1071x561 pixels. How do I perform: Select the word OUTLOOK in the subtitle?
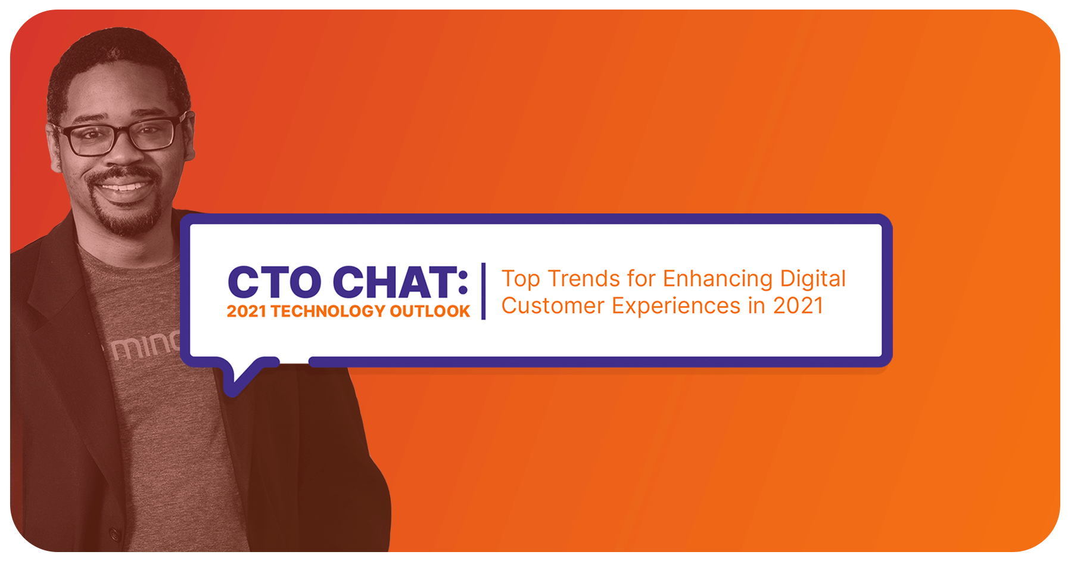point(430,311)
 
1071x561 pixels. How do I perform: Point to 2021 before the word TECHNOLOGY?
point(247,311)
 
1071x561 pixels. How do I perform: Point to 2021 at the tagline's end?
point(798,306)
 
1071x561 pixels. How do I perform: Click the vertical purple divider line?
point(484,291)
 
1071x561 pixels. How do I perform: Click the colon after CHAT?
point(463,283)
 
